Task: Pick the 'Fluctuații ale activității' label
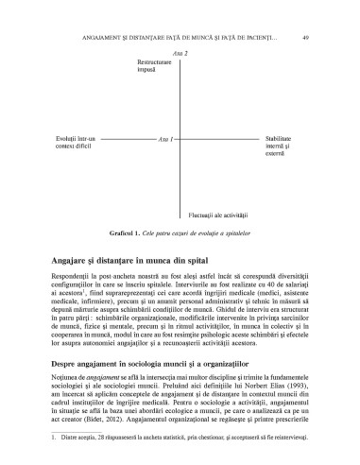coord(217,215)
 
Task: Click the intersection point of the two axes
coord(180,139)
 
